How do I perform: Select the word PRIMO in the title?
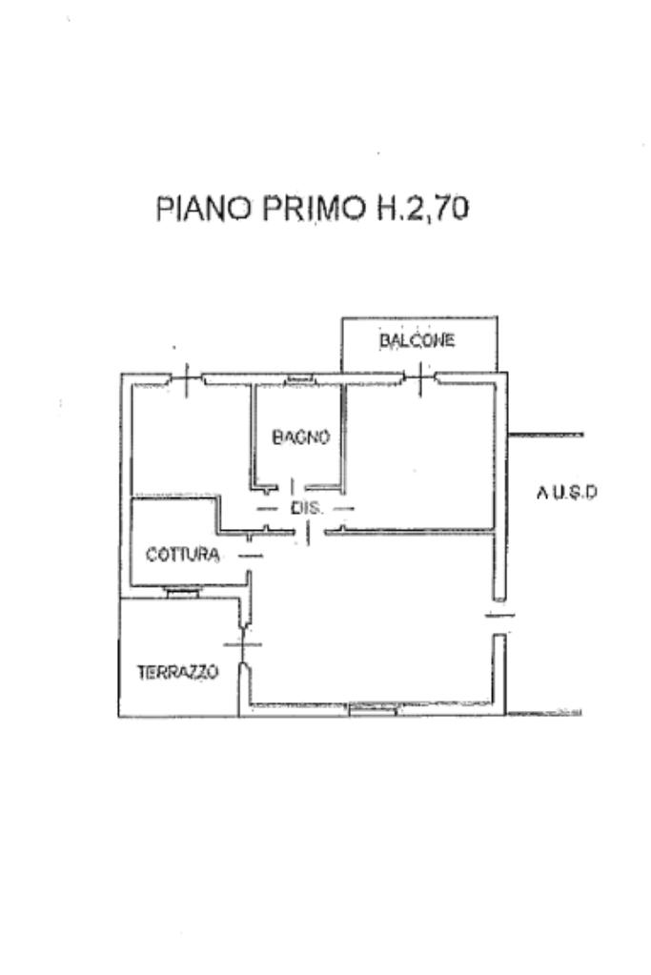click(x=314, y=209)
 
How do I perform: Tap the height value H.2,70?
click(x=422, y=209)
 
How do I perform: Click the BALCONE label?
click(x=417, y=340)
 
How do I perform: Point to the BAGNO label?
click(x=301, y=437)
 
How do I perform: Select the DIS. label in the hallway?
click(x=307, y=508)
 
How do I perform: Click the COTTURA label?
click(x=182, y=554)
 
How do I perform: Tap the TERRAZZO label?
click(x=178, y=672)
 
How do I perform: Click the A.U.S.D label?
click(x=566, y=493)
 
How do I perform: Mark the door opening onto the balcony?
click(x=420, y=378)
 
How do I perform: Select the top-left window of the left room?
click(x=187, y=378)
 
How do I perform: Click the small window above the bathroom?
click(x=299, y=378)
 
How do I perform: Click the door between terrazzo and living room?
click(x=243, y=644)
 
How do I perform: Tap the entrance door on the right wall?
click(x=499, y=616)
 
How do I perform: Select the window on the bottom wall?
click(x=373, y=709)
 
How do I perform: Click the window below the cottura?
click(x=183, y=593)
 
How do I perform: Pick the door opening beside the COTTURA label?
click(x=251, y=556)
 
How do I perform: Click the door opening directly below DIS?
click(x=309, y=533)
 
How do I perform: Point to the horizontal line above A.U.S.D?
click(x=545, y=435)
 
